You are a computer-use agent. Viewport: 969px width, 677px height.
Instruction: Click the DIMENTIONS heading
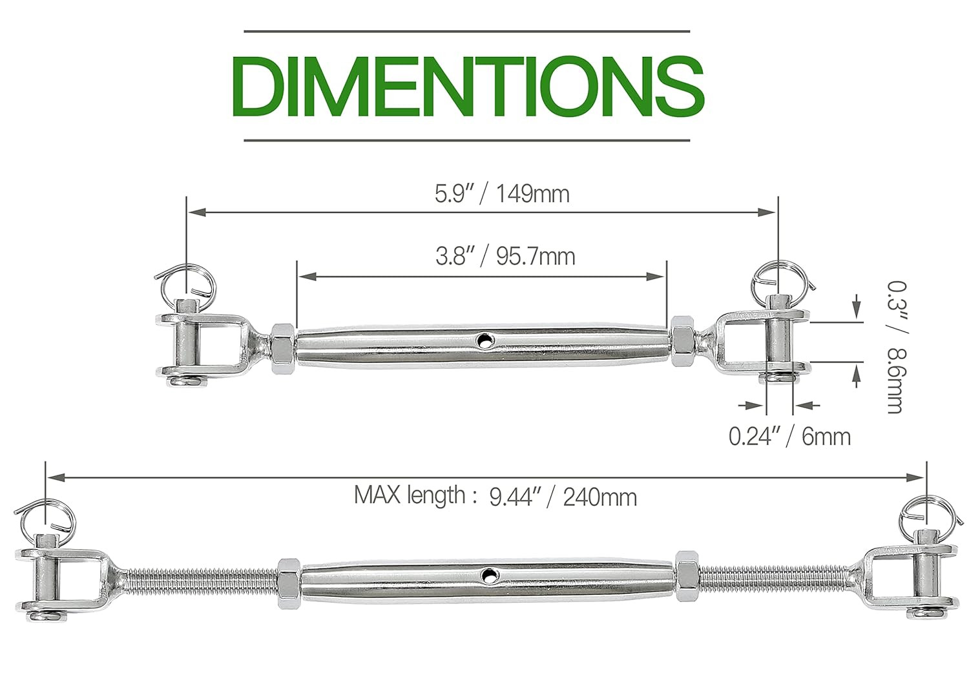coord(467,86)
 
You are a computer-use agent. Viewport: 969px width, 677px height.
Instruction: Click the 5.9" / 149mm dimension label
coord(502,194)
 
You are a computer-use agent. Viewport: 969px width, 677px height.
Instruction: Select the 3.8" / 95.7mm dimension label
coord(505,256)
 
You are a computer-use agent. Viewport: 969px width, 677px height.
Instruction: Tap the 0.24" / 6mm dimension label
coord(789,437)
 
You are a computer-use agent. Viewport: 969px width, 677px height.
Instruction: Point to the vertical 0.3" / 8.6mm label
coord(895,347)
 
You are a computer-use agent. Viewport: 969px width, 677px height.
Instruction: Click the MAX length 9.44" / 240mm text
coord(495,496)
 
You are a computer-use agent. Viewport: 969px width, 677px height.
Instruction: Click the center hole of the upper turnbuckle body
coord(483,338)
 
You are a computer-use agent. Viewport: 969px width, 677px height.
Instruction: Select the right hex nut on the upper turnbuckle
coord(682,340)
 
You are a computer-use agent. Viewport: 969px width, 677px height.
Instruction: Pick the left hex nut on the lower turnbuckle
coord(287,583)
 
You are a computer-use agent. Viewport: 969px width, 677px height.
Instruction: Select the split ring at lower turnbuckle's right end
coord(926,514)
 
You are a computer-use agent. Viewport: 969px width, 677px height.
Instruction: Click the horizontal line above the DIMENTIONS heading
coord(466,31)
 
